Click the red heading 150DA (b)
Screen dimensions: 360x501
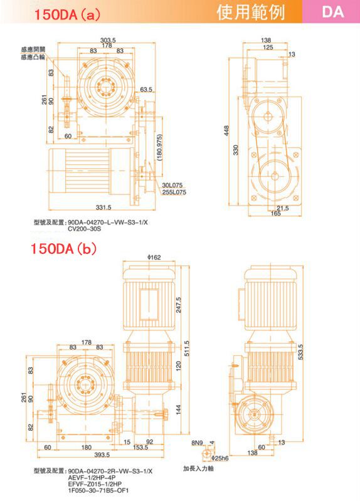[x=63, y=248]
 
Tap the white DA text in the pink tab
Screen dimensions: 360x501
[x=333, y=12]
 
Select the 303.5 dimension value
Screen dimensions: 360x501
[x=108, y=40]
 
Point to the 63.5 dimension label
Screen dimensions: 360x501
[x=146, y=90]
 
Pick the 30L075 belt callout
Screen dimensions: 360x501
[x=172, y=185]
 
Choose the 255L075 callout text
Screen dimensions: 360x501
[x=174, y=192]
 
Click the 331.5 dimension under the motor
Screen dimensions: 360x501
[x=103, y=208]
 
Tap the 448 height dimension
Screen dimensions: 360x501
[x=226, y=130]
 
